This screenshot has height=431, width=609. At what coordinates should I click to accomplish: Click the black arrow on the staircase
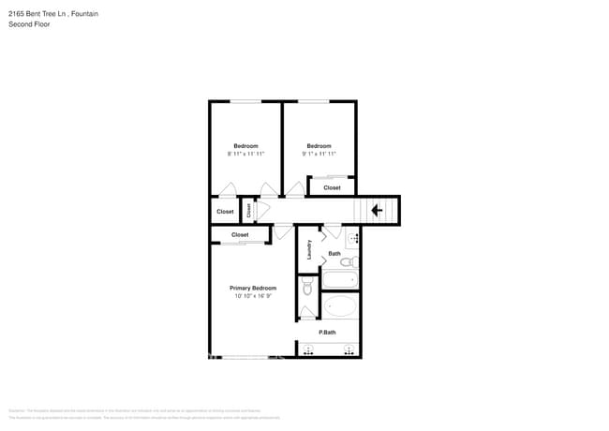tap(377, 211)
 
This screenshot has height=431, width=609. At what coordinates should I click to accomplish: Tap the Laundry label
tap(308, 250)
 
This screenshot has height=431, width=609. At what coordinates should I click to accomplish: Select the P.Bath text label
tap(327, 333)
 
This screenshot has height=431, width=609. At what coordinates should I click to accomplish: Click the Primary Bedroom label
tap(253, 288)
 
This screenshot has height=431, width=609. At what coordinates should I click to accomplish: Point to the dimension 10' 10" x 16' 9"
tap(253, 296)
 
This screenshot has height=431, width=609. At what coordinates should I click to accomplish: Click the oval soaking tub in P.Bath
tap(340, 306)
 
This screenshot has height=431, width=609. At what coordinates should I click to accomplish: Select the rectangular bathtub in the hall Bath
tap(339, 279)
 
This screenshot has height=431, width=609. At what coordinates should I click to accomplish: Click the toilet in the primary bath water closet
tap(307, 289)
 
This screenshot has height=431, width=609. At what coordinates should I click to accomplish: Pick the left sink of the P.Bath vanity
tap(308, 351)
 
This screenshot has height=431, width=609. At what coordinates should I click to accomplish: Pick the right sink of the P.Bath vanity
tap(349, 351)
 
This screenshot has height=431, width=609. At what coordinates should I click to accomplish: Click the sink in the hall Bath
tap(353, 239)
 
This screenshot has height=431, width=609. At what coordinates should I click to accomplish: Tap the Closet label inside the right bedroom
tap(332, 187)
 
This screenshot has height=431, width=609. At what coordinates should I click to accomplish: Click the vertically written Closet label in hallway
tap(249, 211)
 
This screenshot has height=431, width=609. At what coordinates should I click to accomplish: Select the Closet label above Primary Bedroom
tap(240, 234)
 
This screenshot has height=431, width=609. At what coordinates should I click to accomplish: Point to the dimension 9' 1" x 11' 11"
tap(319, 154)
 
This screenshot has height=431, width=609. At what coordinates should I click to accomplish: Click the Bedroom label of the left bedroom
tap(245, 145)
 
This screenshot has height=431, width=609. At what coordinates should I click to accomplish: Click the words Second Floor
tap(29, 24)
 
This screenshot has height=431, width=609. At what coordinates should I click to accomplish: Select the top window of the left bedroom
tap(245, 101)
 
